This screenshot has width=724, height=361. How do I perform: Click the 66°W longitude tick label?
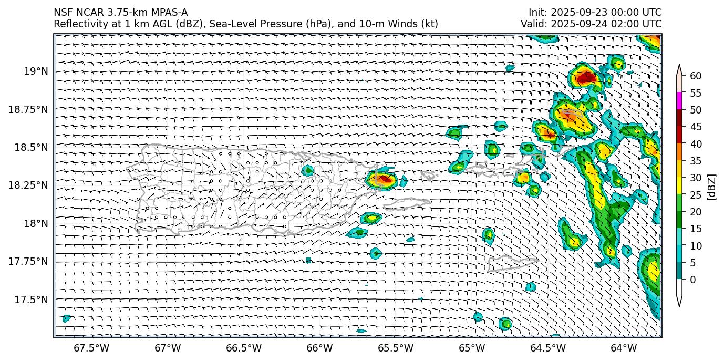(x=319, y=348)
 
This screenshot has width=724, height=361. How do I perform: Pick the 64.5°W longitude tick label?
(x=548, y=348)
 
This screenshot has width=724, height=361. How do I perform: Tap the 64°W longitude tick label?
(x=624, y=348)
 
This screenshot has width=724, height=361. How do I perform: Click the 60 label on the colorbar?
(x=696, y=76)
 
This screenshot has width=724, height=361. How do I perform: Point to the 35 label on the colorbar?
(x=696, y=161)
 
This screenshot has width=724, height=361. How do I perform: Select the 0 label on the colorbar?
(x=693, y=280)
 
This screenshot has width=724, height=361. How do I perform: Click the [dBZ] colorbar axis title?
(x=712, y=186)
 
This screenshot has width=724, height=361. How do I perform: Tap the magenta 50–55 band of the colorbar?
(x=679, y=101)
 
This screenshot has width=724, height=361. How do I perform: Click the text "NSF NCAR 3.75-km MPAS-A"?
(x=120, y=13)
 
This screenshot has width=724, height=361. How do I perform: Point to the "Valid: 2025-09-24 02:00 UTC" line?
(x=591, y=24)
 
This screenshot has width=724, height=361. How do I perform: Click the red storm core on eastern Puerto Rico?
(x=384, y=179)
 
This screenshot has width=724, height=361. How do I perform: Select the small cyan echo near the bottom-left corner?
(x=66, y=318)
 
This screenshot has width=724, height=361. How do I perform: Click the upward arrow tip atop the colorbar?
(x=679, y=67)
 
